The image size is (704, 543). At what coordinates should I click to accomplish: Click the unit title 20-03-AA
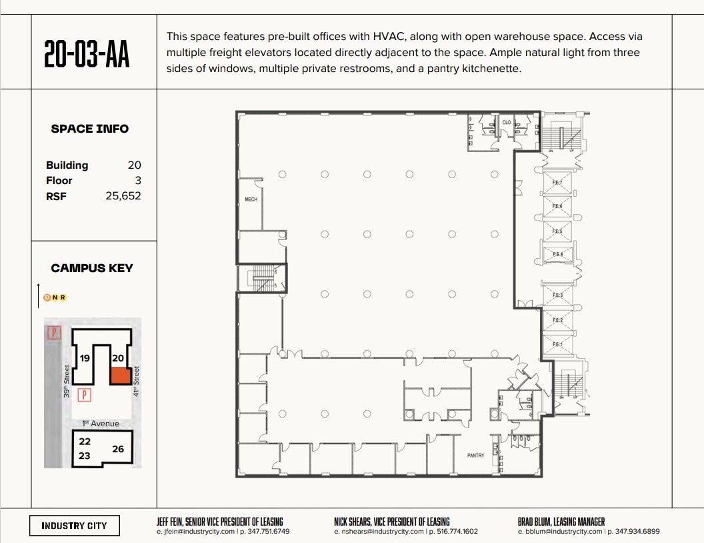[x=87, y=55]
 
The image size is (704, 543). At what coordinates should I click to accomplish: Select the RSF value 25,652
[x=123, y=196]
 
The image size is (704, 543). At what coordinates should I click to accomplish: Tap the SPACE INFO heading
[x=90, y=129]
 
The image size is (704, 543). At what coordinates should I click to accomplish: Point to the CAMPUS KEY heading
[x=92, y=268]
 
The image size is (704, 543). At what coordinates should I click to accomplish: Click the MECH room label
[x=251, y=199]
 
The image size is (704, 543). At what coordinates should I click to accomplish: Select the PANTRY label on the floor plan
[x=475, y=456]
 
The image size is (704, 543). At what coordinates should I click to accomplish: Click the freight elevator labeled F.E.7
[x=557, y=183]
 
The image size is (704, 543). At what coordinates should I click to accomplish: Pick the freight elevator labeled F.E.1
[x=557, y=344]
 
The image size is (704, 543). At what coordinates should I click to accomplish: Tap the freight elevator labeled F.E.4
[x=557, y=254]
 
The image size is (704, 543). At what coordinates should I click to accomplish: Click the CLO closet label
[x=507, y=123]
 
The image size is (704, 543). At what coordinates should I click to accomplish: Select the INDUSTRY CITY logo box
[x=74, y=526]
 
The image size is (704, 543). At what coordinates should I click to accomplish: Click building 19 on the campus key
[x=85, y=358]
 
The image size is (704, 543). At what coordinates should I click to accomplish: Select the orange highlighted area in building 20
[x=119, y=375]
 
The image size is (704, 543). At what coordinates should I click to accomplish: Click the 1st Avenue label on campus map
[x=101, y=424]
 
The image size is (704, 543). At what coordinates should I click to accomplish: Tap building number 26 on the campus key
[x=118, y=449]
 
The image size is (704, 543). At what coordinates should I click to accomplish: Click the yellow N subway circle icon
[x=55, y=298]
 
